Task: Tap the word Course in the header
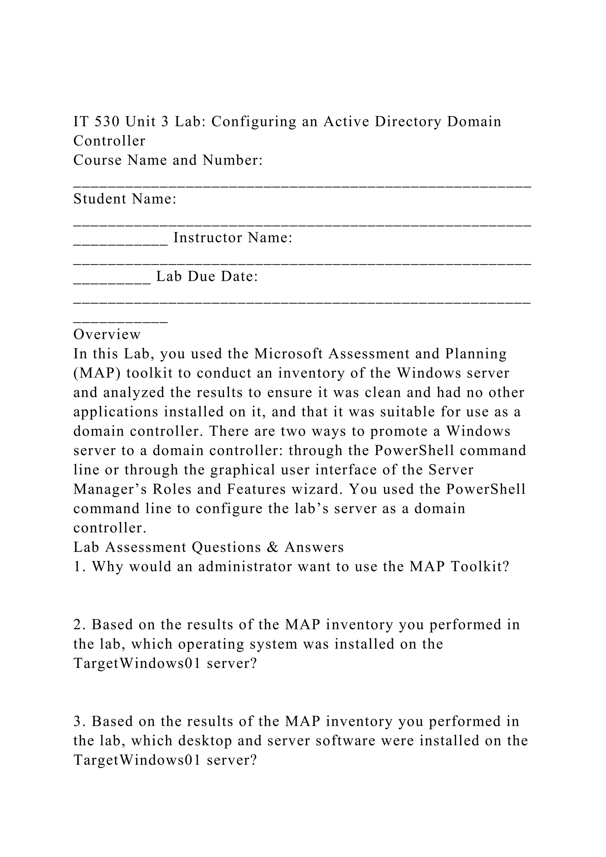tap(97, 160)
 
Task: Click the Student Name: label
tap(125, 199)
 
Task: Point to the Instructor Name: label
tap(233, 238)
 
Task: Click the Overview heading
tap(107, 334)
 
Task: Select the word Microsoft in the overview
tap(289, 353)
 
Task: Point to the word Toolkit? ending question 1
tap(480, 567)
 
